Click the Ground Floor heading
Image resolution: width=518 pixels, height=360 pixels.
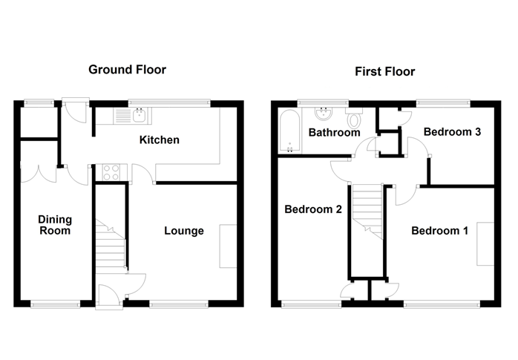(x=127, y=70)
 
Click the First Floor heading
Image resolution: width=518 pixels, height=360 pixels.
(x=385, y=71)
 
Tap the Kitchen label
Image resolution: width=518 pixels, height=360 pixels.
(x=160, y=140)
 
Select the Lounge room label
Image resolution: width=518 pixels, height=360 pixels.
(x=184, y=231)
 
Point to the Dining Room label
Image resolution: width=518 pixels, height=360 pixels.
(x=55, y=225)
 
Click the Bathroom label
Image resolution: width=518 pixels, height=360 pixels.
(x=334, y=132)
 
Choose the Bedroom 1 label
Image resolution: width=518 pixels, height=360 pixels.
(x=439, y=231)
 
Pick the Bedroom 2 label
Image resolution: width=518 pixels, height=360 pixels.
(x=313, y=209)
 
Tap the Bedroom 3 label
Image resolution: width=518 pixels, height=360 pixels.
(x=452, y=132)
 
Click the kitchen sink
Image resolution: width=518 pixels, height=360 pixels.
(x=133, y=116)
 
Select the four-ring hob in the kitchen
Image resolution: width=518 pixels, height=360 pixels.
(x=111, y=172)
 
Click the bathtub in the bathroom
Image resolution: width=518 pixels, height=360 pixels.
(x=289, y=131)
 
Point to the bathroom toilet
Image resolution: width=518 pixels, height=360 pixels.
(x=354, y=118)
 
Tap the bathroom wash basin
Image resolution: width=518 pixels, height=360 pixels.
(x=324, y=114)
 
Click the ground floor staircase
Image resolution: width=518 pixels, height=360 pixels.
(x=111, y=243)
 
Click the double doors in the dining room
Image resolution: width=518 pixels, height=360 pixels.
(x=39, y=173)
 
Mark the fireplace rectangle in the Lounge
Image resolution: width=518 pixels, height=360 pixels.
(x=228, y=246)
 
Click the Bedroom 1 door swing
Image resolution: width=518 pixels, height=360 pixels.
(x=406, y=195)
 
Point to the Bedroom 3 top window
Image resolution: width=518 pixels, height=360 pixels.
(x=443, y=103)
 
